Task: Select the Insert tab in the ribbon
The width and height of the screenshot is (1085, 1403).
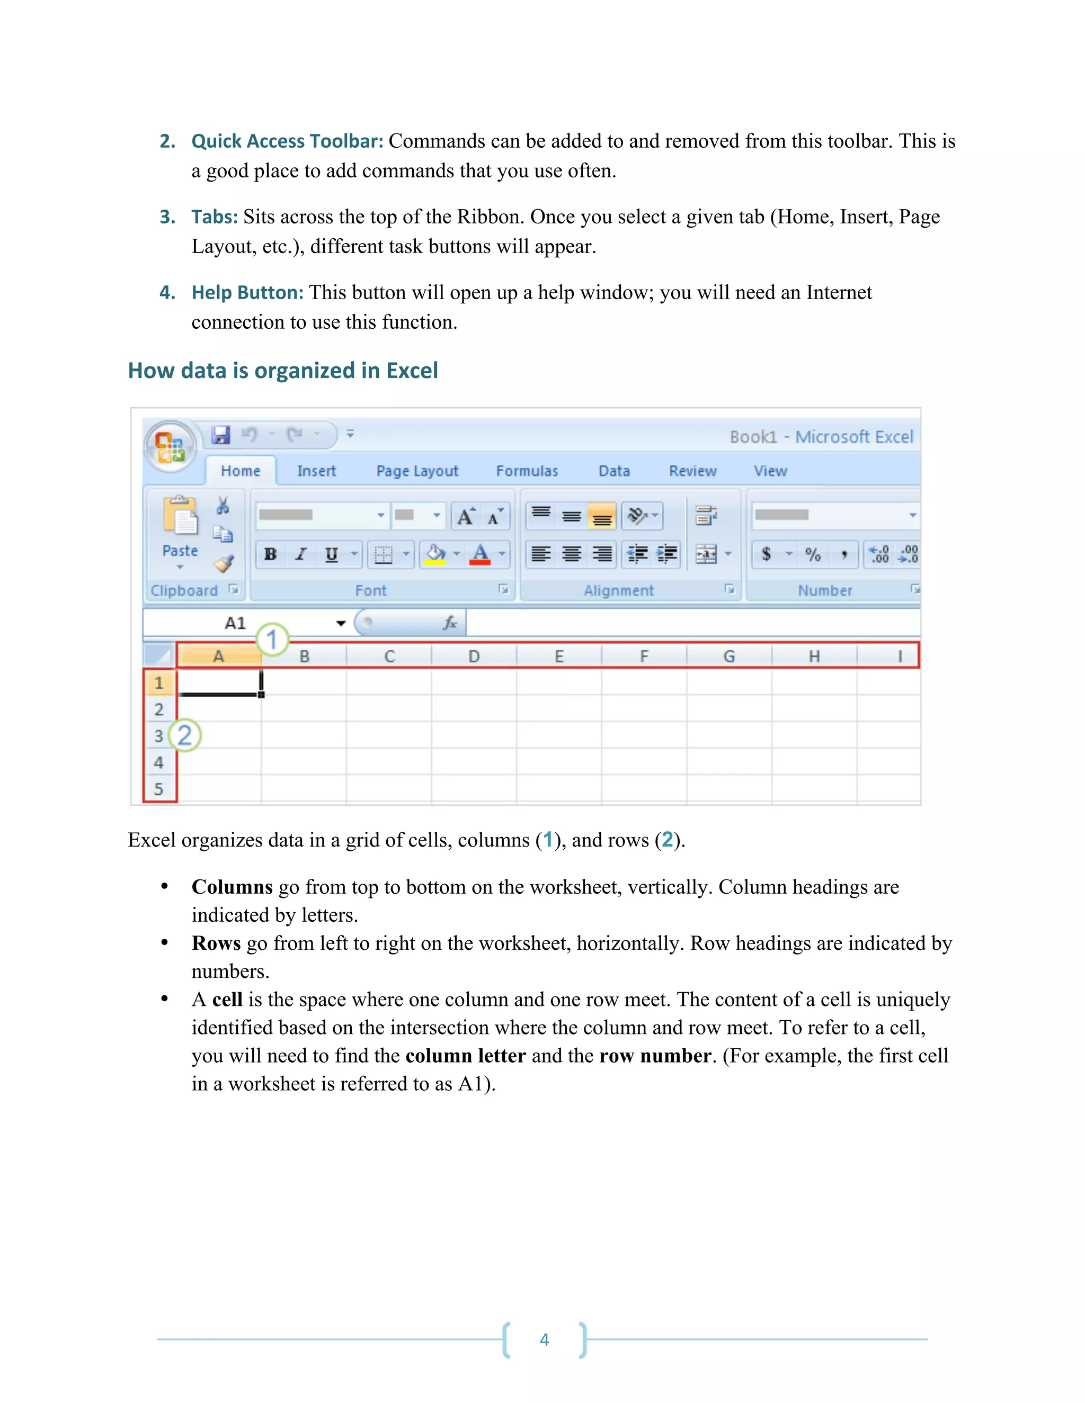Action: click(316, 471)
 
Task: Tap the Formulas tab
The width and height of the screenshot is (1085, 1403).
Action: click(527, 471)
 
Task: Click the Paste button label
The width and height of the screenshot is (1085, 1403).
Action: click(180, 551)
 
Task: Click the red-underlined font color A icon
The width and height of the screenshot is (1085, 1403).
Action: click(480, 554)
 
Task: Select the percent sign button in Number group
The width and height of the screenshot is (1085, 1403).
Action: click(813, 554)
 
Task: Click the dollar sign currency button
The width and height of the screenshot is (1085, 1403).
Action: click(766, 554)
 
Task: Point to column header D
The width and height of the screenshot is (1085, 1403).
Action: click(474, 656)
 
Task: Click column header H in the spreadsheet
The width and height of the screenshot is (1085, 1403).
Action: click(814, 656)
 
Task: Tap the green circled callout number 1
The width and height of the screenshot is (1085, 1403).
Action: click(272, 639)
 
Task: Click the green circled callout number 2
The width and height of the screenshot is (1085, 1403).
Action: click(184, 735)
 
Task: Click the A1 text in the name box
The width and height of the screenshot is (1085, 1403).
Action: click(235, 623)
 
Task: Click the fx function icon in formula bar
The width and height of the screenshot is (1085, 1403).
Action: click(450, 623)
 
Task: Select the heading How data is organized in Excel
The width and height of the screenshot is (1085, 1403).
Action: click(283, 371)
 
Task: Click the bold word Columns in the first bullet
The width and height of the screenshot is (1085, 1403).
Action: click(232, 887)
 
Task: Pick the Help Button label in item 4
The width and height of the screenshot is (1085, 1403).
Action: click(247, 292)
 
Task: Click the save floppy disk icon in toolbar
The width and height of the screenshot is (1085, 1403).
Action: click(220, 435)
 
